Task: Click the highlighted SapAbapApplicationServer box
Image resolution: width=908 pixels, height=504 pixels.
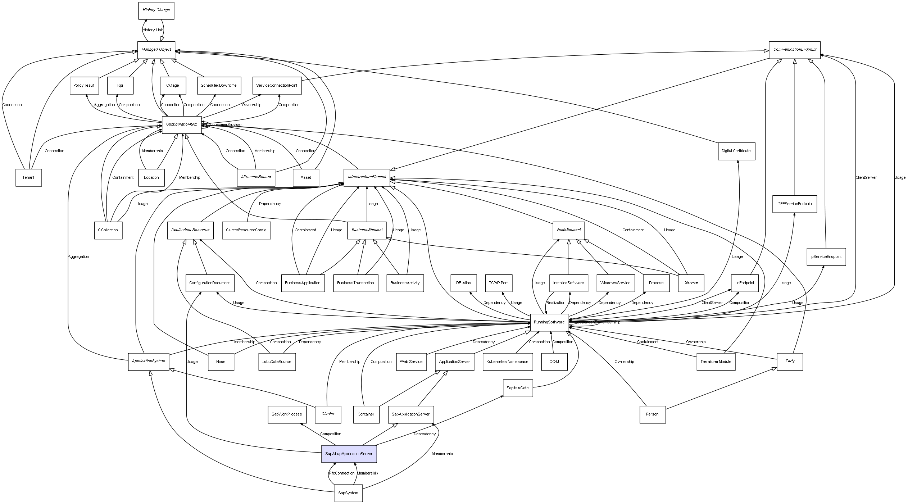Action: click(x=349, y=454)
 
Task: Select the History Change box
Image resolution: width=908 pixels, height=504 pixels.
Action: click(x=156, y=10)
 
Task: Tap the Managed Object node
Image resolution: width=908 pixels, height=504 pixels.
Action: click(x=156, y=50)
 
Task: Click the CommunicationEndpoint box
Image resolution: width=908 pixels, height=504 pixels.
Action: click(x=794, y=50)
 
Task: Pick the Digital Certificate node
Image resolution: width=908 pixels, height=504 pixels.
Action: click(x=736, y=151)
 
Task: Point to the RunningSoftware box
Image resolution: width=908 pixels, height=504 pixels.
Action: click(x=549, y=322)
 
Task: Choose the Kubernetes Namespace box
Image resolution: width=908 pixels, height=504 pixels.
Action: click(x=507, y=362)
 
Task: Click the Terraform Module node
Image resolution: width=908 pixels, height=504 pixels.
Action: click(x=716, y=362)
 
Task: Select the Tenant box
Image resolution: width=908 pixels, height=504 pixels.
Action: click(x=28, y=177)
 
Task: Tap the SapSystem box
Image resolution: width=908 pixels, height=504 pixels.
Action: click(x=348, y=493)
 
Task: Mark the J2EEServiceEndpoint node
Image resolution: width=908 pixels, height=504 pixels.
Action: click(x=794, y=204)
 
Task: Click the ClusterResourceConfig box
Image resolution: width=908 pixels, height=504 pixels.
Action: click(x=246, y=230)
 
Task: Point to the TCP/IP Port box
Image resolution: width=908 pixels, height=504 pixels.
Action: click(x=498, y=283)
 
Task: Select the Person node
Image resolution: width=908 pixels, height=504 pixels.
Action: click(x=652, y=414)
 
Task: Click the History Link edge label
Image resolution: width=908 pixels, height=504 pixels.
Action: click(x=153, y=30)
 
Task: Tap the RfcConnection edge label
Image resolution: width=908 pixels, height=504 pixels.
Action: click(x=341, y=473)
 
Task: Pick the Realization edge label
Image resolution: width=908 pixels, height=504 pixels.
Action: click(x=555, y=303)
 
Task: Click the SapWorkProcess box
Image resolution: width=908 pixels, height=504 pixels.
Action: click(x=287, y=414)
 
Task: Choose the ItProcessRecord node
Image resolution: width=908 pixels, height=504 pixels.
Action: click(x=256, y=177)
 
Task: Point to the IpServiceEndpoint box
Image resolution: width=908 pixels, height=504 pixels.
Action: click(x=826, y=256)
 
